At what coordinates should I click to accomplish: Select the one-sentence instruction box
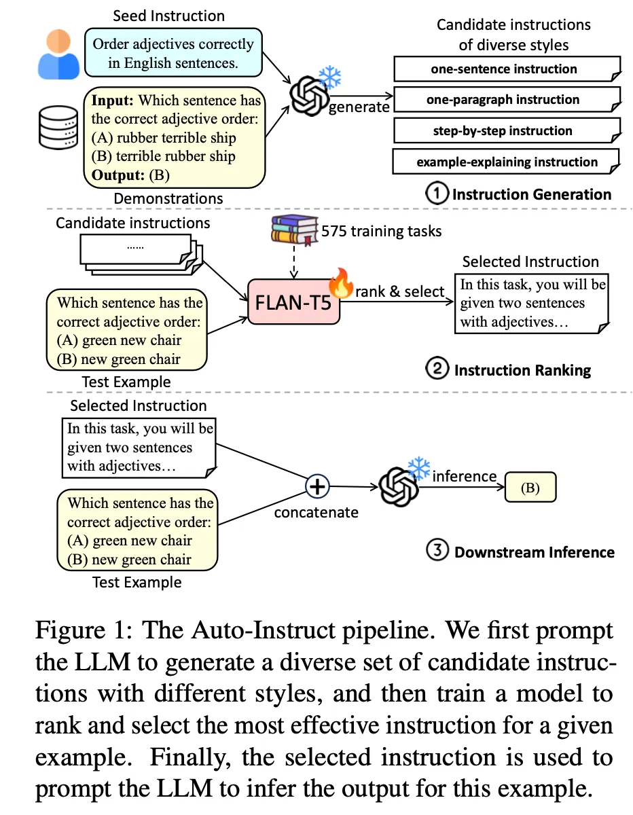pyautogui.click(x=504, y=69)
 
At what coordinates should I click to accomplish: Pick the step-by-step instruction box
pyautogui.click(x=504, y=130)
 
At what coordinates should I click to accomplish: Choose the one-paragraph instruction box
pyautogui.click(x=504, y=100)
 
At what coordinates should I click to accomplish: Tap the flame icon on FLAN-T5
pyautogui.click(x=339, y=279)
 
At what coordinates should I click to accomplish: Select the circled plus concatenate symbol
pyautogui.click(x=318, y=486)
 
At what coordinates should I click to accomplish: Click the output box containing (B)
pyautogui.click(x=530, y=488)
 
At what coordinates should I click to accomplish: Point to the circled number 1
pyautogui.click(x=437, y=194)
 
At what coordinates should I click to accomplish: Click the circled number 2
pyautogui.click(x=437, y=369)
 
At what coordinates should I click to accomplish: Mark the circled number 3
pyautogui.click(x=437, y=551)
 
